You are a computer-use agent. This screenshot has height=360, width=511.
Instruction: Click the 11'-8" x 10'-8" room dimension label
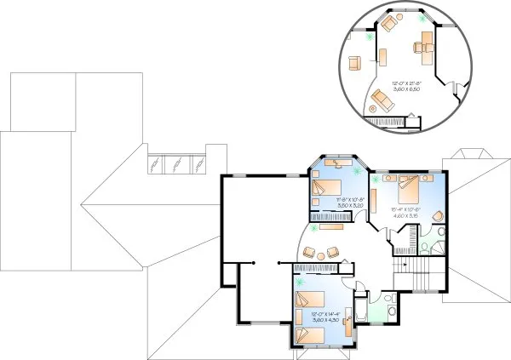(326, 203)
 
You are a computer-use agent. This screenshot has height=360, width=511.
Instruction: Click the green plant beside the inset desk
(368, 37)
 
